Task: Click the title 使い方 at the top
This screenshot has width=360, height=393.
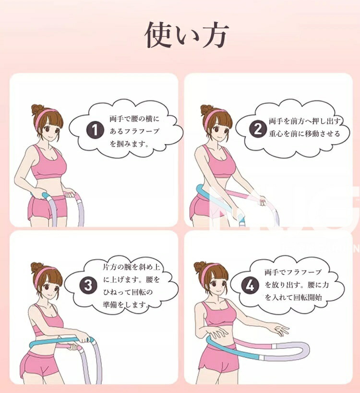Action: tap(187, 35)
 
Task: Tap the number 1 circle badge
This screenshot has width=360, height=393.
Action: tap(95, 130)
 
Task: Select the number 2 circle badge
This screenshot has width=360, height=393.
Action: tap(258, 129)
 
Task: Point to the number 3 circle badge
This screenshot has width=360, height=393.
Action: tap(88, 286)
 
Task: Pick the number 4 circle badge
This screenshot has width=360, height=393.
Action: tap(250, 286)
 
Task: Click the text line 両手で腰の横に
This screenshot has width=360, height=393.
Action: tap(134, 119)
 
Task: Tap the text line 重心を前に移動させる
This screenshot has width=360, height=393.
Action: tap(304, 133)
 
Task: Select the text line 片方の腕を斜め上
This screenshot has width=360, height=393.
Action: tap(132, 267)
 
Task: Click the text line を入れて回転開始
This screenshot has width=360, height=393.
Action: tap(293, 298)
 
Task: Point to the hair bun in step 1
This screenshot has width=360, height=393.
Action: tap(37, 109)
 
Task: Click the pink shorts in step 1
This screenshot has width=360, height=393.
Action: tap(47, 209)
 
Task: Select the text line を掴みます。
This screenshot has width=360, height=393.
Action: tap(130, 144)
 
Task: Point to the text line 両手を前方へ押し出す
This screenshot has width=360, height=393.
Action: tap(305, 121)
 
